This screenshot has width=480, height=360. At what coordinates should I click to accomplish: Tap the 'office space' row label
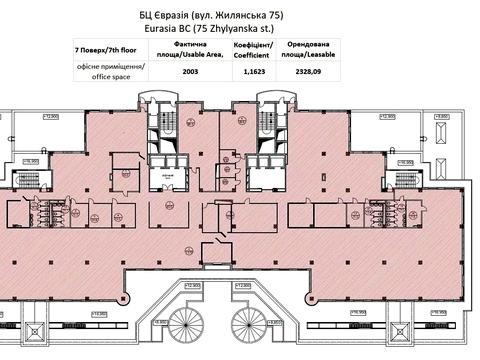coord(110,70)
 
